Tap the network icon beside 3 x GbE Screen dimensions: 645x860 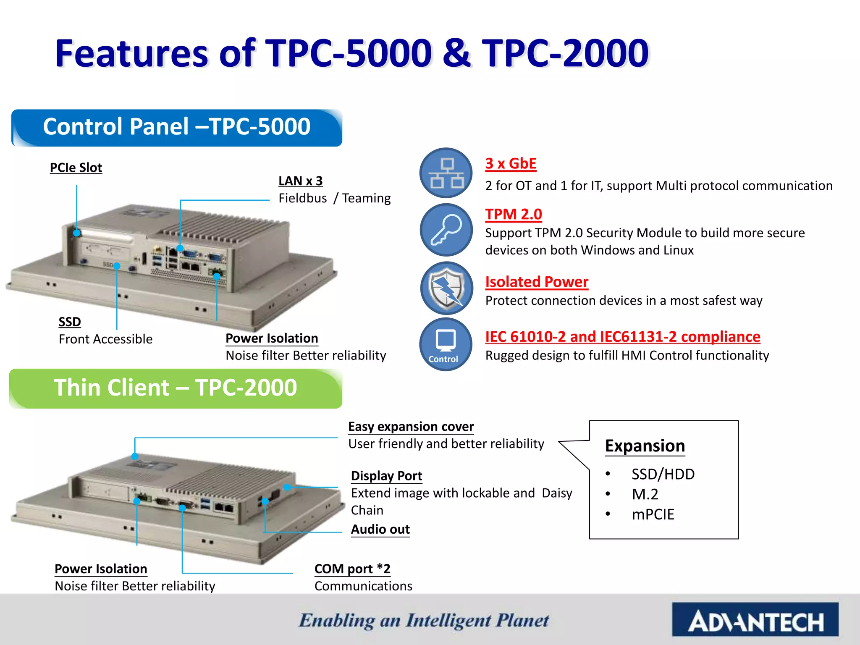pyautogui.click(x=446, y=173)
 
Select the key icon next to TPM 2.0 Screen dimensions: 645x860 pyautogui.click(x=446, y=230)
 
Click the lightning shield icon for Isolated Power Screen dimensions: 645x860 pyautogui.click(x=446, y=288)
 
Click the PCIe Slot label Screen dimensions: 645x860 pyautogui.click(x=76, y=168)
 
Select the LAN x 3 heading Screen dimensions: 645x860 pyautogui.click(x=300, y=181)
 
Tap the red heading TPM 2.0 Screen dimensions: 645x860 pyautogui.click(x=513, y=214)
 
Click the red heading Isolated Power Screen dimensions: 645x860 pyautogui.click(x=536, y=282)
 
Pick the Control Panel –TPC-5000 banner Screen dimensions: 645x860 pyautogui.click(x=177, y=128)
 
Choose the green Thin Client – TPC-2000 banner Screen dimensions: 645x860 pyautogui.click(x=176, y=388)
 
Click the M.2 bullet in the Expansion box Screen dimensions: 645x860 pyautogui.click(x=645, y=494)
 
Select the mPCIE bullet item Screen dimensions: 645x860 pyautogui.click(x=653, y=514)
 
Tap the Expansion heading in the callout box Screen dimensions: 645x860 pyautogui.click(x=645, y=446)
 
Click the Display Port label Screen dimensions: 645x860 pyautogui.click(x=386, y=476)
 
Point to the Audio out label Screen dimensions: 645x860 pyautogui.click(x=380, y=530)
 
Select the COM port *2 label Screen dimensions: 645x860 pyautogui.click(x=352, y=569)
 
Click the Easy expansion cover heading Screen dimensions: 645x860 pyautogui.click(x=411, y=427)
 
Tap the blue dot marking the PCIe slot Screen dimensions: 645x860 pyautogui.click(x=77, y=233)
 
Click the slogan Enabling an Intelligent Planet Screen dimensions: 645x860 pyautogui.click(x=424, y=621)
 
